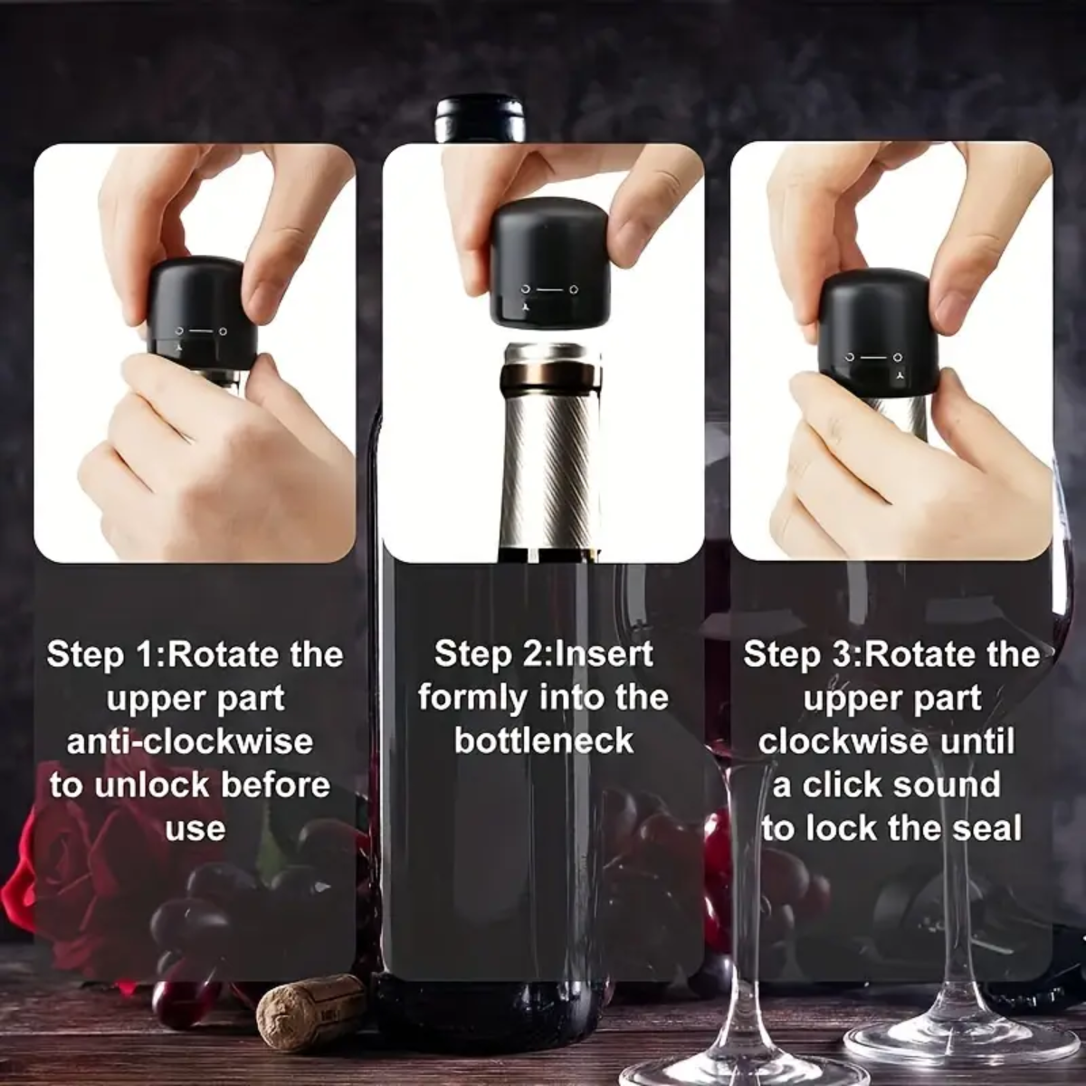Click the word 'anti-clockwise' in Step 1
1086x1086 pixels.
click(190, 742)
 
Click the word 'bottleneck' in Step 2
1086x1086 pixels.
click(543, 742)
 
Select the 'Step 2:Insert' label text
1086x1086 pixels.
click(543, 655)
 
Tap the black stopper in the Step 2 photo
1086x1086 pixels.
click(548, 262)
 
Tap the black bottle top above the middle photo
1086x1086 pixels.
click(481, 119)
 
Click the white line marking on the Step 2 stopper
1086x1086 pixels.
click(548, 290)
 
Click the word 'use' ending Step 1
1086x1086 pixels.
click(195, 829)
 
